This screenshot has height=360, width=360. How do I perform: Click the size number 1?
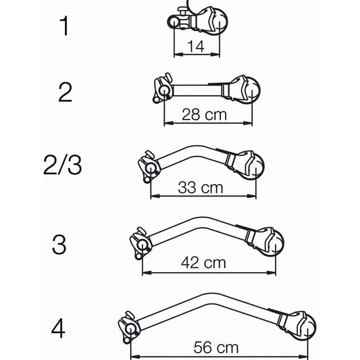click(64, 26)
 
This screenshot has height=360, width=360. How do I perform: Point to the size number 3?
click(60, 245)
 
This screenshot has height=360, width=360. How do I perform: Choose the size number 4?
click(59, 330)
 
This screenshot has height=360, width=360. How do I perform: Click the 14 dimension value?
click(195, 47)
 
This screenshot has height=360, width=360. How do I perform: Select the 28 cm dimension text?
click(204, 115)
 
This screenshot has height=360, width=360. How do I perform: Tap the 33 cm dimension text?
click(201, 188)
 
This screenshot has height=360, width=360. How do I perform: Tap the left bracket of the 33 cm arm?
click(147, 167)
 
